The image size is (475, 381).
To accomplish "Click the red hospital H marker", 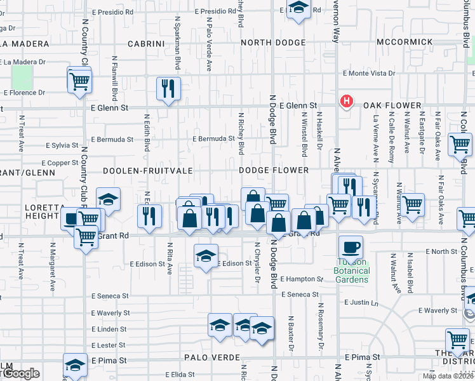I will click(x=347, y=100).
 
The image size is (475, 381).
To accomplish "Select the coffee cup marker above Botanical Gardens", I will click(x=350, y=247).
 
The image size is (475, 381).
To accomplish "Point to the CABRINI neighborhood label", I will click(x=147, y=44).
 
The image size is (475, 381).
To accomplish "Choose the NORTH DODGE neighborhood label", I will click(x=273, y=44).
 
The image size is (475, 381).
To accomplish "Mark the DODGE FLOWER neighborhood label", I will click(x=274, y=171).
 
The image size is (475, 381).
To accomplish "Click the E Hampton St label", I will click(x=302, y=279).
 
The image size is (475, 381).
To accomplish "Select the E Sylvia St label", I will click(x=61, y=145).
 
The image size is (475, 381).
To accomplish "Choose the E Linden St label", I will click(x=110, y=330).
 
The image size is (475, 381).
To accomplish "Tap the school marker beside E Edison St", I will click(x=204, y=257).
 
